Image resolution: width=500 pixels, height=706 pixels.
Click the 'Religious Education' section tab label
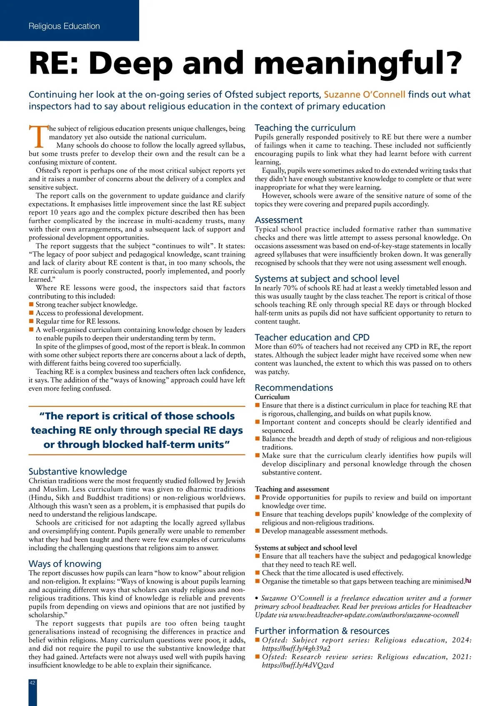tap(64, 26)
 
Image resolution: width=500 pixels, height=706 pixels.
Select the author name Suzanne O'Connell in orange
tap(365, 94)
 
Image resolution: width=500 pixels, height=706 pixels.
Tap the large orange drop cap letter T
tap(38, 136)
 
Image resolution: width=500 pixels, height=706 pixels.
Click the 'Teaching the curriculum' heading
tap(305, 128)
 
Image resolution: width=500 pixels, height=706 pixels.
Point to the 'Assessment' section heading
tap(278, 220)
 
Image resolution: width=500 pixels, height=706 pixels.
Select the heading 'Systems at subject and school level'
tap(327, 279)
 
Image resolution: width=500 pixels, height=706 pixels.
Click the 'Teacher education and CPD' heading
tap(312, 338)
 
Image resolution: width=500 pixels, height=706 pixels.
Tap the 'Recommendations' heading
tap(294, 388)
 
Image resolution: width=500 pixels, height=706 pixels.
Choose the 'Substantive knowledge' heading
tap(77, 472)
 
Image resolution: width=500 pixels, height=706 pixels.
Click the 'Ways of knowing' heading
tap(65, 564)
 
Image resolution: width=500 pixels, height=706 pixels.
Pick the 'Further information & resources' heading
tap(322, 631)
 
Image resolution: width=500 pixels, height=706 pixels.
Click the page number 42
tap(32, 683)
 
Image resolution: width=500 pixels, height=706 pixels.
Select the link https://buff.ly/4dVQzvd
tap(297, 665)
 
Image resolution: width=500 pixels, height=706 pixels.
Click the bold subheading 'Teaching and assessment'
tap(292, 489)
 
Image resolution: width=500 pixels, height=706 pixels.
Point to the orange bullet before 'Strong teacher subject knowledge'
tap(31, 305)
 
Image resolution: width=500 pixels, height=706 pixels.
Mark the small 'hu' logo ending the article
tap(468, 581)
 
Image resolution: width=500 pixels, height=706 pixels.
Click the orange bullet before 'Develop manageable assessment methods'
tap(257, 531)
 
